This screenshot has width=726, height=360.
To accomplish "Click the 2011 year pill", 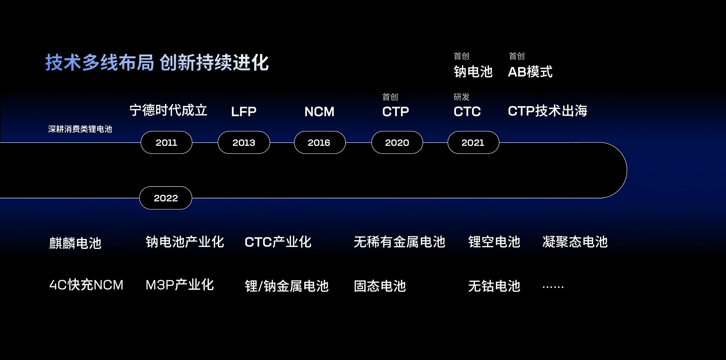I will click(x=166, y=143).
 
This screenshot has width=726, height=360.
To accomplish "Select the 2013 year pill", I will click(x=244, y=143).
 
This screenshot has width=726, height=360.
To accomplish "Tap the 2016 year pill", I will click(x=319, y=143).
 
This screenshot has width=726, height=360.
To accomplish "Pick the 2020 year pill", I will click(x=397, y=143).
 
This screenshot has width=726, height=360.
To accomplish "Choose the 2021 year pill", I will click(x=473, y=143).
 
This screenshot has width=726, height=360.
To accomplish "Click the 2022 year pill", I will click(x=166, y=198).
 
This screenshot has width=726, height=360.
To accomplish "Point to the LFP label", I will click(x=244, y=111).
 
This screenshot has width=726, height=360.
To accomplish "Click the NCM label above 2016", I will click(x=319, y=111).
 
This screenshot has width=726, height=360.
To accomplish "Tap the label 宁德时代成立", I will click(x=168, y=110).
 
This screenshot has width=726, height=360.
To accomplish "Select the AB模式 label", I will click(x=530, y=72).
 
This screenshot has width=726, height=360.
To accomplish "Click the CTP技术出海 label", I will click(x=547, y=111).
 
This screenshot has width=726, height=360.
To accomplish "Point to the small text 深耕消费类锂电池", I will click(x=80, y=129).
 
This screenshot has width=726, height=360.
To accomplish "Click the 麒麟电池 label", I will click(x=75, y=243).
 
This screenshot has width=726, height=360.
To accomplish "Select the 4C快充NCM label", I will click(x=86, y=285).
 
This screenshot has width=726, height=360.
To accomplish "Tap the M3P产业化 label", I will click(x=179, y=285).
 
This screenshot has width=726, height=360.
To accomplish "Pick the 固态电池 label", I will click(x=380, y=286).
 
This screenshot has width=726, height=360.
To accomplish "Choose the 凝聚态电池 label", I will click(x=575, y=242).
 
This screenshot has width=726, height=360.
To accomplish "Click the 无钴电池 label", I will click(x=494, y=286).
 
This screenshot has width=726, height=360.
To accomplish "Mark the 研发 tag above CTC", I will click(x=461, y=97).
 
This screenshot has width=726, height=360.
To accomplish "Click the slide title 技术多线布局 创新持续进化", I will click(x=157, y=62).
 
